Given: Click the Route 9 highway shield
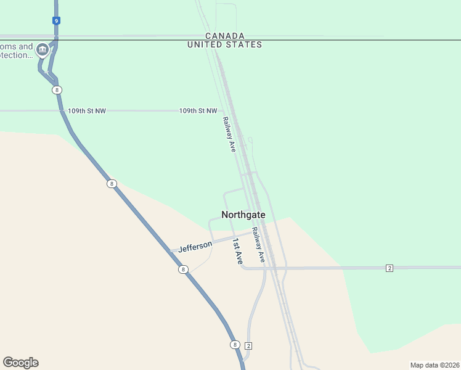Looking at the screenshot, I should click(x=56, y=20).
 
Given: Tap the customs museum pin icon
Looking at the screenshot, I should click(x=42, y=50).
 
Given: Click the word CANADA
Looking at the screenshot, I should click(x=225, y=36).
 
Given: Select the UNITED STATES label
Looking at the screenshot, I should click(x=225, y=44).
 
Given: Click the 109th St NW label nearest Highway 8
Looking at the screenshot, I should click(x=87, y=111).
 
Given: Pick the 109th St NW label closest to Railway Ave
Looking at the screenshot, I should click(x=198, y=111).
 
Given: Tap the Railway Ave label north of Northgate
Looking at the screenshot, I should click(x=229, y=134).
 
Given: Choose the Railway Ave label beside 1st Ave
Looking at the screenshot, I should click(x=258, y=245).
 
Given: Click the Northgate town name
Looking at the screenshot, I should click(x=243, y=215).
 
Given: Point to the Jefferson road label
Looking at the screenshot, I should click(x=195, y=247).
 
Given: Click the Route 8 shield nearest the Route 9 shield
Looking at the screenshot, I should click(x=57, y=90).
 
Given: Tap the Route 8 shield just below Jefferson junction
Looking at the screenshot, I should click(x=183, y=269).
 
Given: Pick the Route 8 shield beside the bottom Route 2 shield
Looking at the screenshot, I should click(x=235, y=345).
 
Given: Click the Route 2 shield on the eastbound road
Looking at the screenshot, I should click(x=390, y=268).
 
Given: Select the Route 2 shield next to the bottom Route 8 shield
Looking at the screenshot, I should click(x=248, y=345).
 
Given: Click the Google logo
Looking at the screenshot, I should click(x=20, y=363).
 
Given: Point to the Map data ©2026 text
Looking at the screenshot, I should click(x=434, y=365).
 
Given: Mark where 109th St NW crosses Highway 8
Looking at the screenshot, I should click(x=62, y=111).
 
